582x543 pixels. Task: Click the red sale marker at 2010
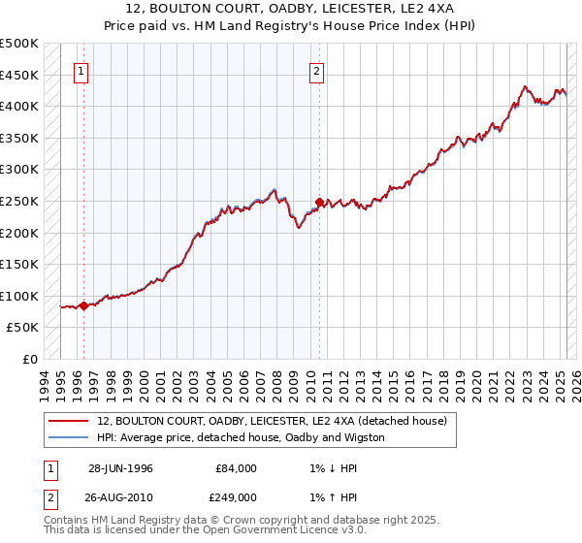(x=318, y=203)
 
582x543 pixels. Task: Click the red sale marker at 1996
(x=83, y=306)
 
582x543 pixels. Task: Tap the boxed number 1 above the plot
(x=81, y=70)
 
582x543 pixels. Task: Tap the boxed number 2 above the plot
(x=317, y=70)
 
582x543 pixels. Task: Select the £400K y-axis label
(x=19, y=106)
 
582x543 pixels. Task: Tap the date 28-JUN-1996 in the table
(x=120, y=467)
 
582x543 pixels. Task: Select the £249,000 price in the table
(x=236, y=496)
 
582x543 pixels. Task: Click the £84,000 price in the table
(x=236, y=467)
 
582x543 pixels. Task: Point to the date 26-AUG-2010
(x=120, y=496)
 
